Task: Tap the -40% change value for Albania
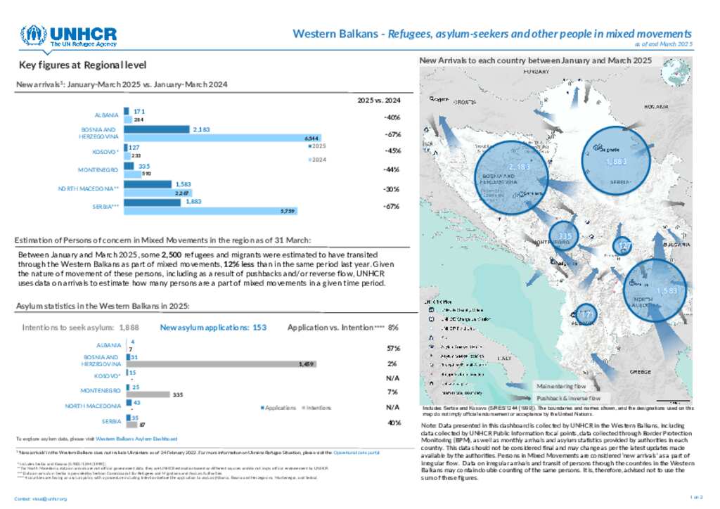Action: pos(392,117)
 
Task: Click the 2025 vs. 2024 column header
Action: pos(383,101)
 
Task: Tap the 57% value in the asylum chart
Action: pos(394,348)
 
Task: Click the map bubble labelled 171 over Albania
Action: pos(587,313)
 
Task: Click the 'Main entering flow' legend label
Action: pos(560,386)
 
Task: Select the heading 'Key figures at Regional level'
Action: pos(83,65)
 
